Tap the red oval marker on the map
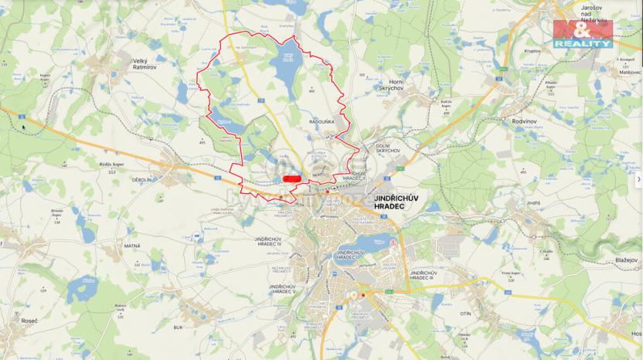(x=291, y=178)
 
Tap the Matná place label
(x=131, y=246)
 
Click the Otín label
(x=464, y=314)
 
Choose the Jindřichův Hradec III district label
(x=427, y=277)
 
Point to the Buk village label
(x=178, y=328)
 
